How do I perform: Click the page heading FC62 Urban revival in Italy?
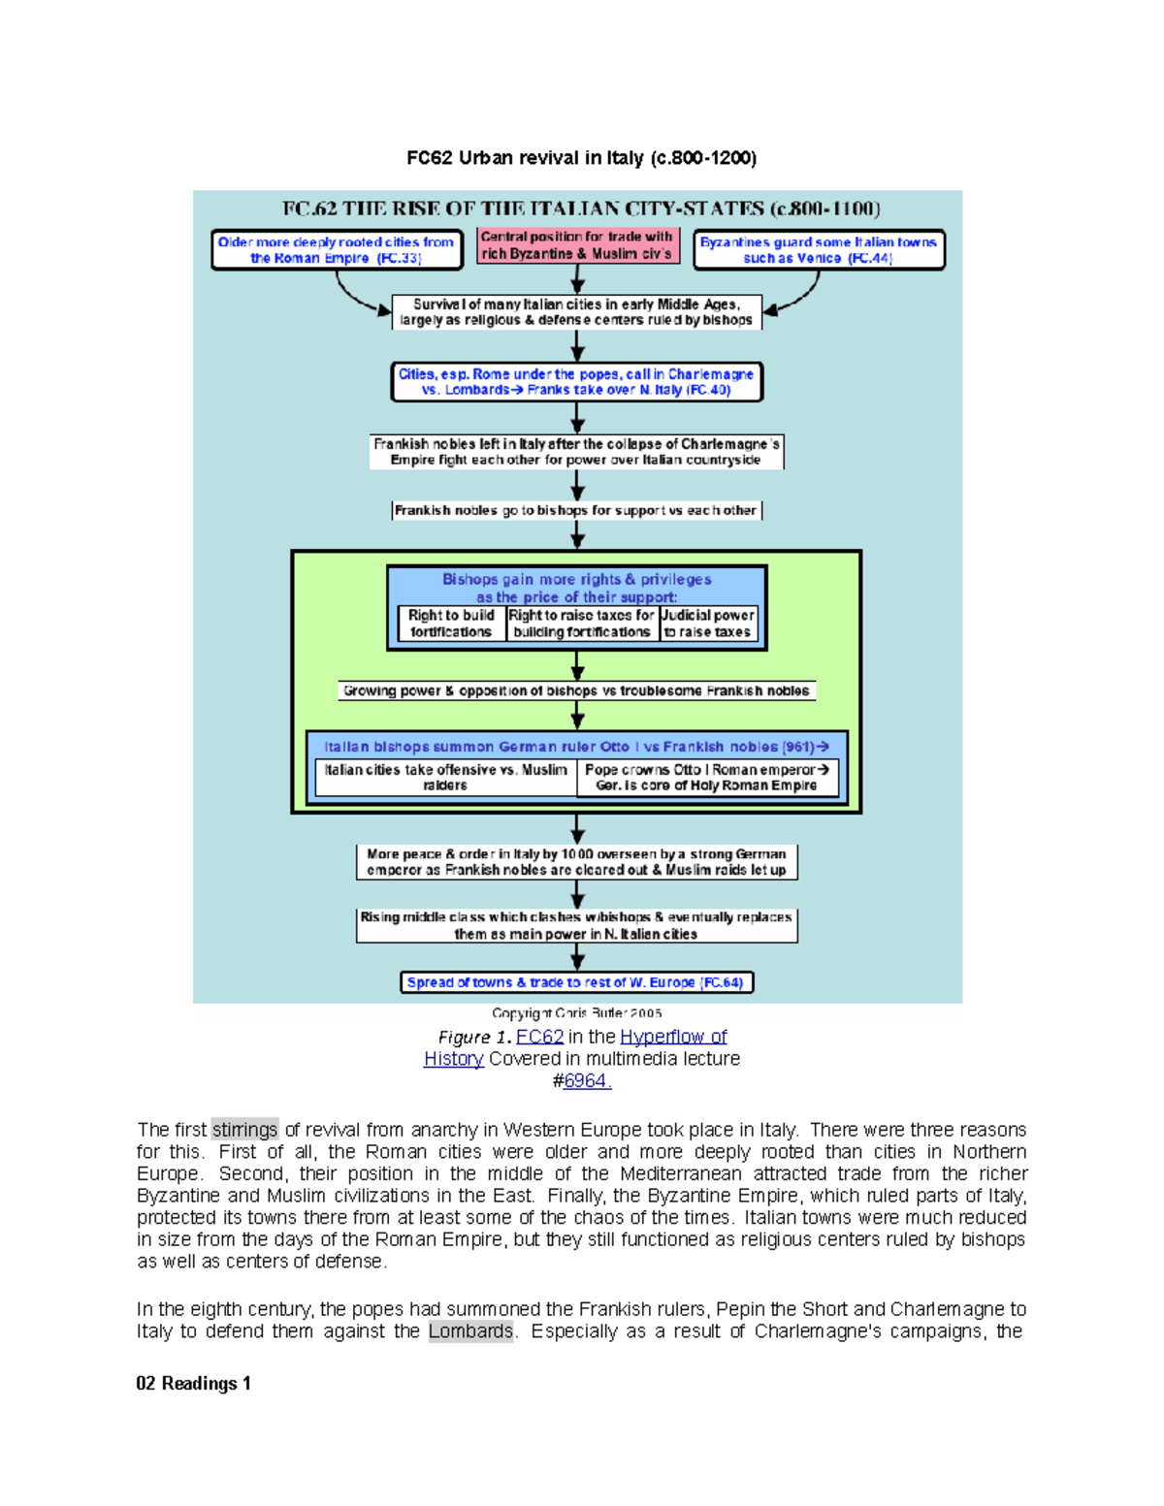[581, 158]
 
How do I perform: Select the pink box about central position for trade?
[577, 245]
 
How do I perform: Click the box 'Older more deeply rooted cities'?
[337, 250]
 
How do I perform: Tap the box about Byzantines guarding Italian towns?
[819, 250]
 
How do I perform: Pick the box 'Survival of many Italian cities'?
[577, 312]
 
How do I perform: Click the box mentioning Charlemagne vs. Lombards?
[577, 382]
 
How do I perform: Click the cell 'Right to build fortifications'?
[451, 624]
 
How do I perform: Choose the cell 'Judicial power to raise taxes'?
[708, 624]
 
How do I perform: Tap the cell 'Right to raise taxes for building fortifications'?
[582, 624]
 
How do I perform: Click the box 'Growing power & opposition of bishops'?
[577, 691]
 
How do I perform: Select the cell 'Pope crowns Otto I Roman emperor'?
[707, 778]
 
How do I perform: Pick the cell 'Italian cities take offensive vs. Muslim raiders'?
[445, 778]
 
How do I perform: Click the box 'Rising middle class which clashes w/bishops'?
[577, 926]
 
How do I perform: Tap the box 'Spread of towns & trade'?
[577, 983]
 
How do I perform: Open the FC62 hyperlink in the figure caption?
[539, 1037]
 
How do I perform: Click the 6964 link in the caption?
[588, 1081]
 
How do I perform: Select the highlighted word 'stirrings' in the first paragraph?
[245, 1130]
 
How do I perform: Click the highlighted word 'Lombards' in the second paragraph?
[470, 1331]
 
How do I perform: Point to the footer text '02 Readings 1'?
[194, 1384]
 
